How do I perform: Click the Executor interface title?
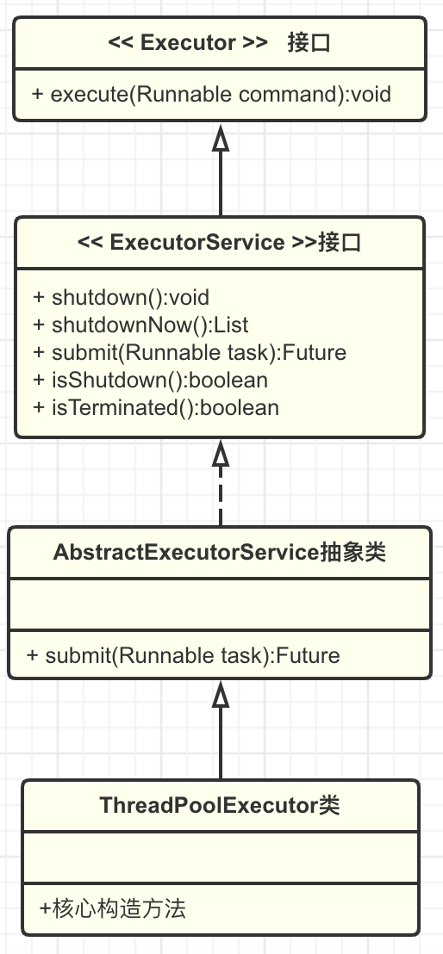click(220, 43)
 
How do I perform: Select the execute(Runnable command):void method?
click(211, 95)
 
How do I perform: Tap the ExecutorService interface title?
click(220, 242)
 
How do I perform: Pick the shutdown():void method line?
click(121, 297)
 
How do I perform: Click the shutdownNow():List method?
click(140, 325)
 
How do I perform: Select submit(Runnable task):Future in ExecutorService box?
click(190, 352)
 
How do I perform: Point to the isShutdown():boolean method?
click(151, 380)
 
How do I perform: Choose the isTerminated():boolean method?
click(156, 407)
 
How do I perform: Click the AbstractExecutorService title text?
click(220, 553)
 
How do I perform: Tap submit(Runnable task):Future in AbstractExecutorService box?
click(184, 655)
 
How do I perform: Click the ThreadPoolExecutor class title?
click(220, 805)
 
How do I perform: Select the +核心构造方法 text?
click(113, 909)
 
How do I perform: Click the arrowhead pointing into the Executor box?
click(221, 139)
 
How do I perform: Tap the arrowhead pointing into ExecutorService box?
click(221, 454)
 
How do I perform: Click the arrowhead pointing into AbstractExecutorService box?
click(221, 695)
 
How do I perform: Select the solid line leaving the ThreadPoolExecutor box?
click(221, 743)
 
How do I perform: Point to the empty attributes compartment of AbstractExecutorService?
click(220, 604)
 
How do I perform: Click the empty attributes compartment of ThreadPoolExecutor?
click(221, 858)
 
